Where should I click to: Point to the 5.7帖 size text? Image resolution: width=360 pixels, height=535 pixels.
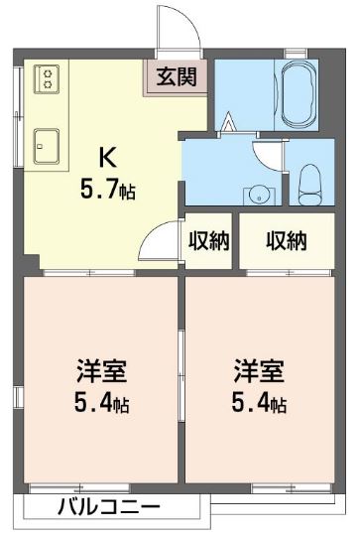(x=108, y=189)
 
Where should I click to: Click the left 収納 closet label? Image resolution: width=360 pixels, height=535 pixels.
(x=208, y=240)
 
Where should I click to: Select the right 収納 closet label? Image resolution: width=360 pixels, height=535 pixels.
(x=286, y=240)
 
